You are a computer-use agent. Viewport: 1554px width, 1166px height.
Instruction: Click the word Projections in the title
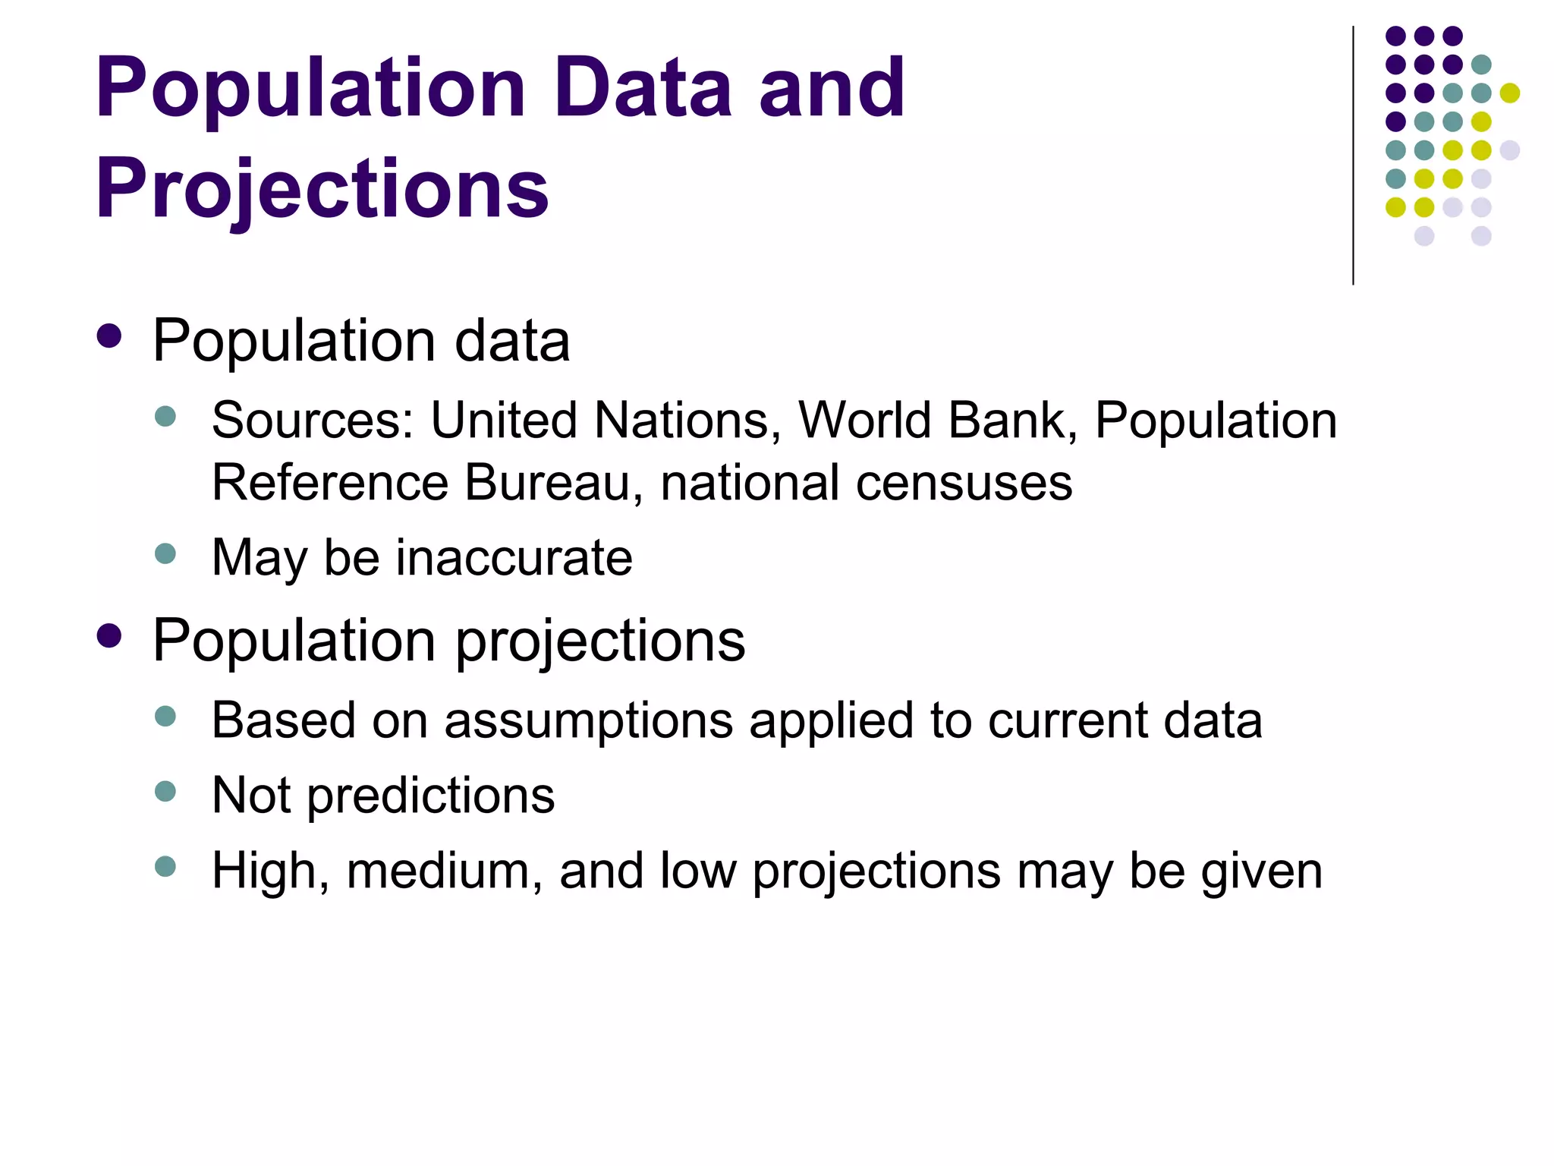click(x=322, y=188)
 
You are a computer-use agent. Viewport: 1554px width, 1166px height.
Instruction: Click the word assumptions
click(x=588, y=721)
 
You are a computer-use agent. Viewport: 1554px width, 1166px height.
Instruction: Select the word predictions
click(x=431, y=797)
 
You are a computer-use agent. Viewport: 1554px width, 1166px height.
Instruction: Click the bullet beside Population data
click(x=109, y=336)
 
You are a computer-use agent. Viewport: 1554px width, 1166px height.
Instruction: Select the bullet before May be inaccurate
click(x=165, y=553)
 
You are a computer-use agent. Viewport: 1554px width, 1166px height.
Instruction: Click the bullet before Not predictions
click(x=165, y=792)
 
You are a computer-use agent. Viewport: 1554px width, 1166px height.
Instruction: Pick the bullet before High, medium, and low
click(x=165, y=866)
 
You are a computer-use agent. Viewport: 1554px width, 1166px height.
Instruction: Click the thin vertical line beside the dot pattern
click(x=1353, y=156)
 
